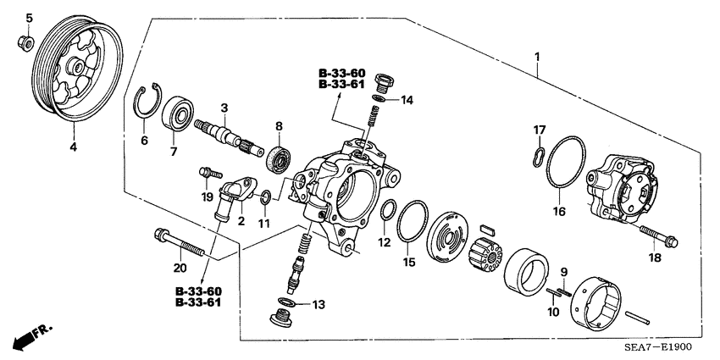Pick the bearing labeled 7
180,112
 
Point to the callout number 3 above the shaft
224,108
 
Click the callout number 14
407,100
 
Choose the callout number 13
318,305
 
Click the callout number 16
558,212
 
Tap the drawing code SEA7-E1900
664,349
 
